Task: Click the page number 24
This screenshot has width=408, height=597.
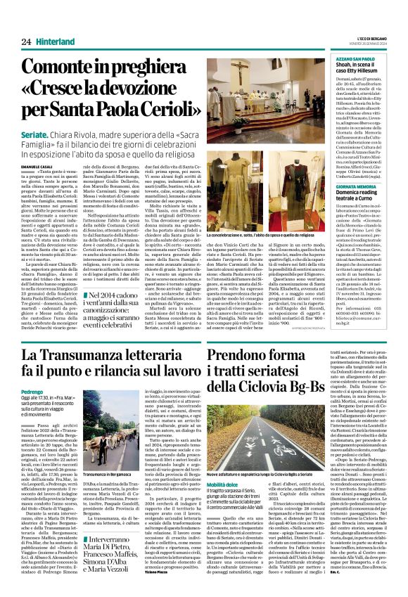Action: point(25,42)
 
